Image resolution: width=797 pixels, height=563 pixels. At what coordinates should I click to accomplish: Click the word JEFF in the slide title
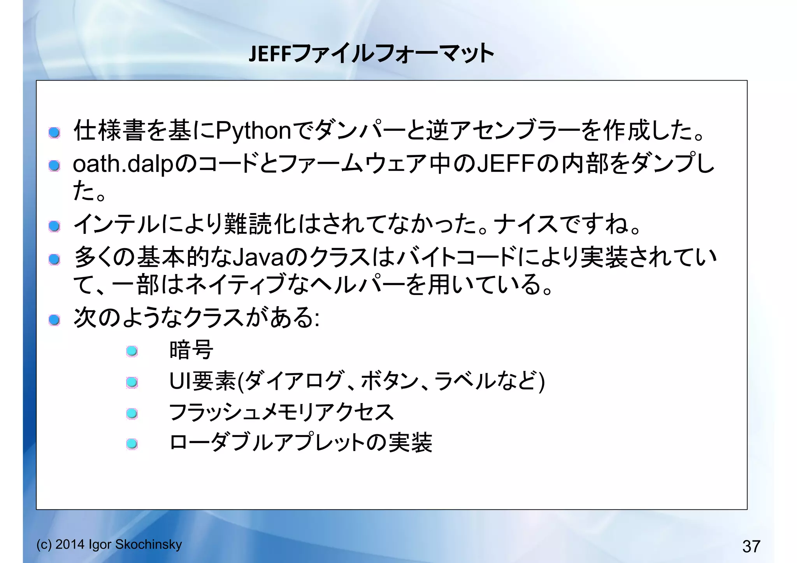click(270, 54)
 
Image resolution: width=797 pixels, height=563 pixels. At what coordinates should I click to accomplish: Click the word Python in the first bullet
click(253, 131)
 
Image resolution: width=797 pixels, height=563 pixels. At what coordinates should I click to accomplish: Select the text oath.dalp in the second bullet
click(123, 164)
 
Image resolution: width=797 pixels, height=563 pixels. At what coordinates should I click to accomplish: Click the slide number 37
click(751, 546)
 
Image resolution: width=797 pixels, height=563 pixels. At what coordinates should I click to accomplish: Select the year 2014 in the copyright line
click(70, 544)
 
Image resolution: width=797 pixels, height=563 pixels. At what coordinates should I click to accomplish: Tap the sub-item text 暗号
click(191, 350)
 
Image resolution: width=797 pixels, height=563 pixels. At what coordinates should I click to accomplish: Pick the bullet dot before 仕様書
click(54, 133)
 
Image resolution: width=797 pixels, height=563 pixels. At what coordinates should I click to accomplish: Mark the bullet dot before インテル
click(54, 226)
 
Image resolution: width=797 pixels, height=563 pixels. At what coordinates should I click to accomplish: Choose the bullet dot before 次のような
click(54, 320)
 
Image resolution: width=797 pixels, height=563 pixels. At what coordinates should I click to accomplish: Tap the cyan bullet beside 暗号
click(132, 351)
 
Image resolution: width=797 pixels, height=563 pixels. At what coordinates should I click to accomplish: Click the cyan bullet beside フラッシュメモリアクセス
click(132, 413)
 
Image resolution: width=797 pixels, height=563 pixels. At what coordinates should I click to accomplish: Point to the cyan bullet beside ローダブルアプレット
click(132, 444)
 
